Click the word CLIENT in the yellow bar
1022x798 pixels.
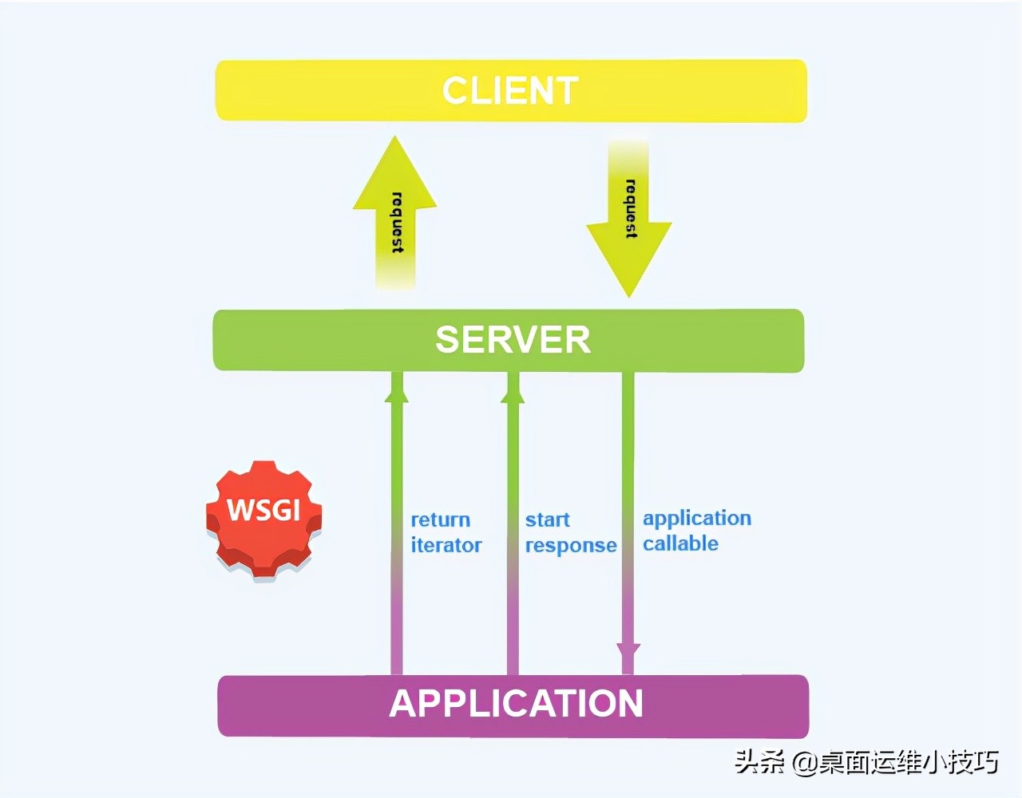(x=510, y=91)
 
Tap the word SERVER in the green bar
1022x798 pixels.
(x=513, y=340)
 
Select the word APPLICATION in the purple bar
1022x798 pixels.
(x=516, y=704)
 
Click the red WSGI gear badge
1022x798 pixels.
(x=263, y=517)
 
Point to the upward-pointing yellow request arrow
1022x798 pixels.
(x=395, y=215)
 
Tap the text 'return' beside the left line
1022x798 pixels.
(x=440, y=520)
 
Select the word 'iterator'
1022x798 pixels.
(x=446, y=546)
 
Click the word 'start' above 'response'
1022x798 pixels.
(x=547, y=520)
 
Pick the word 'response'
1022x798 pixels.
(x=570, y=547)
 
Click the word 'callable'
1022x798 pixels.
(x=680, y=544)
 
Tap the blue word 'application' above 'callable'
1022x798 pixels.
(x=696, y=519)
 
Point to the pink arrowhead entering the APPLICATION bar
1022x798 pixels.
(x=628, y=658)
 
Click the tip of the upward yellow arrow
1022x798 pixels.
(x=394, y=140)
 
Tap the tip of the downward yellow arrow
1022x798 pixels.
(x=629, y=294)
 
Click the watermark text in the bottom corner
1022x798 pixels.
(x=866, y=762)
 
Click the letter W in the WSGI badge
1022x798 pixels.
(x=240, y=509)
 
